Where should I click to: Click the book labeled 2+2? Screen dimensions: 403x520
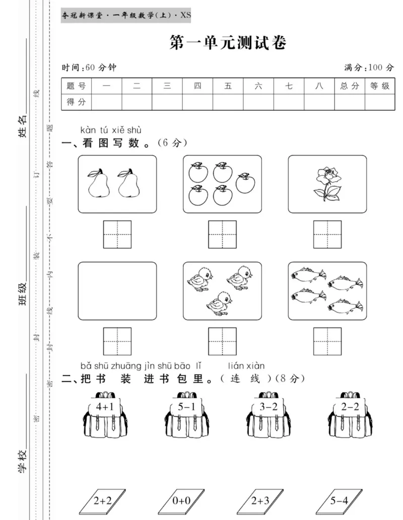point(103,500)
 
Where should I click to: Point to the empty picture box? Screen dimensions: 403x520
point(117,291)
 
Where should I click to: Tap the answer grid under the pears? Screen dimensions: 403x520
point(117,235)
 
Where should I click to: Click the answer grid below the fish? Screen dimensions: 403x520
point(327,341)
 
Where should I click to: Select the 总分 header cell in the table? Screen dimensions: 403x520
point(350,86)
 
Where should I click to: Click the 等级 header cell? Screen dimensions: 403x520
point(380,86)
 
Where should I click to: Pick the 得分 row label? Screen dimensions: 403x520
point(77,102)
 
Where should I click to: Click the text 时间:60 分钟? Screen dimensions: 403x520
point(89,67)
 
